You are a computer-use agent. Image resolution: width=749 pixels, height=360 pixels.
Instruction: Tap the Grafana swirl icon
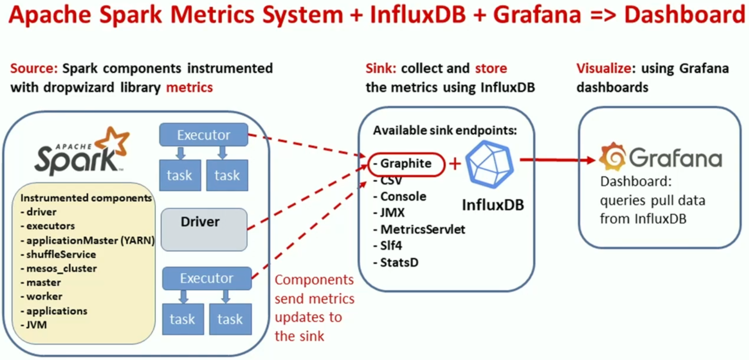[612, 157]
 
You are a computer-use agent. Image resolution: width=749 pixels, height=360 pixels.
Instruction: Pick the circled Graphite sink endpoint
[406, 164]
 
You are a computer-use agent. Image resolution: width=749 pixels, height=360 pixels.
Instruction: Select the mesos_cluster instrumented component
[61, 268]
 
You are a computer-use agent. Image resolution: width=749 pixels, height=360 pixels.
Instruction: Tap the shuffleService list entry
[61, 254]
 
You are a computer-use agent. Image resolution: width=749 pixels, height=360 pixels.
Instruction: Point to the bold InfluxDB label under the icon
[493, 205]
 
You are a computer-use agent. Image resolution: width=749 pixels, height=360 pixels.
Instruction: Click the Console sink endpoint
[403, 197]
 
